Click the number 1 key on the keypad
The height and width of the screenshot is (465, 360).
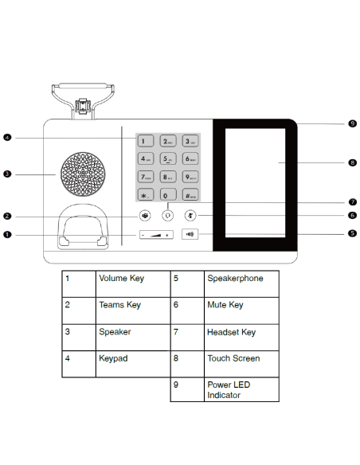pyautogui.click(x=144, y=142)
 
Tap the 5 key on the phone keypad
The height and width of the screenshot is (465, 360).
pyautogui.click(x=167, y=159)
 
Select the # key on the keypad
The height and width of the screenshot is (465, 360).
pyautogui.click(x=190, y=194)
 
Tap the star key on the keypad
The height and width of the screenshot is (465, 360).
pyautogui.click(x=144, y=194)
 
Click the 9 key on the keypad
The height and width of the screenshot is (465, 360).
pyautogui.click(x=190, y=177)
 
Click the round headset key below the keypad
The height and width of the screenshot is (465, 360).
pyautogui.click(x=167, y=215)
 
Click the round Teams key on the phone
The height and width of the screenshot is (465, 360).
pyautogui.click(x=144, y=216)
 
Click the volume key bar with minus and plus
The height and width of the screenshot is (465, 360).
pyautogui.click(x=156, y=235)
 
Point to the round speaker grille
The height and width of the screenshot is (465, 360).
pyautogui.click(x=80, y=173)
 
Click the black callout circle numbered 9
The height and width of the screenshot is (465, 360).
pyautogui.click(x=352, y=124)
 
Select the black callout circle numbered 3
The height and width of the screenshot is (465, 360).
pyautogui.click(x=7, y=174)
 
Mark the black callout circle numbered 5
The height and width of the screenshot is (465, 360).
pyautogui.click(x=352, y=233)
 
